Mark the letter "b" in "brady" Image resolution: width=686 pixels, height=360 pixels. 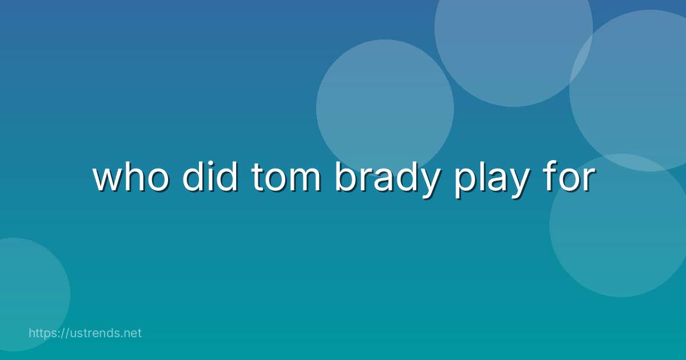click(344, 178)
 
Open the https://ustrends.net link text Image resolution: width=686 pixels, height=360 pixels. click(85, 333)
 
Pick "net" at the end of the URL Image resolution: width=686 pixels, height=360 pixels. click(132, 333)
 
